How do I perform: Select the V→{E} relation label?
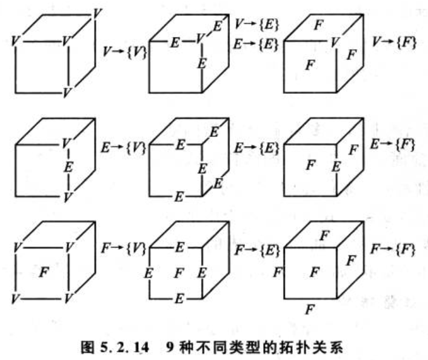click(256, 25)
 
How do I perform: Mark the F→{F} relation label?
click(393, 248)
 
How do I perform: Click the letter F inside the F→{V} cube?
click(43, 273)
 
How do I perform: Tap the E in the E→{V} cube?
click(68, 166)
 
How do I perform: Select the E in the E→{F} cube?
click(335, 166)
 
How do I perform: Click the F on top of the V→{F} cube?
click(318, 25)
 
